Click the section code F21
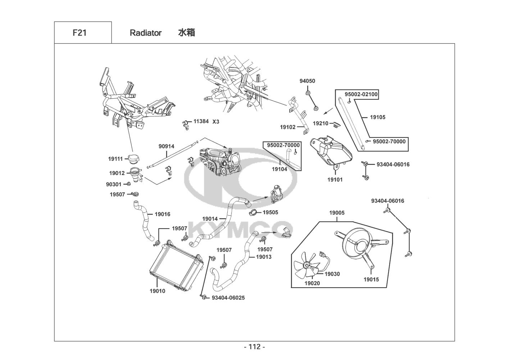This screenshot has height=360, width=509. point(79,33)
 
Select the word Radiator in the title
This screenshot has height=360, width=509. point(146,33)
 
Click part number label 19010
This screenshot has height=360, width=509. point(157,291)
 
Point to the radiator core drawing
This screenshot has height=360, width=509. point(177,265)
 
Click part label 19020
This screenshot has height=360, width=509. point(312,283)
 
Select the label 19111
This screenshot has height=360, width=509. point(115,159)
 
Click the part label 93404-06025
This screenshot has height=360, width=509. point(228,298)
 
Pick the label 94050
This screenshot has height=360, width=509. point(307,81)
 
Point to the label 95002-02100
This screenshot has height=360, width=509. point(361,94)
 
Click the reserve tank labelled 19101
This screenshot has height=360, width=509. point(331,152)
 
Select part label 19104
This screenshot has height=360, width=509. point(280,169)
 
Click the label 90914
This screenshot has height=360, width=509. point(166,147)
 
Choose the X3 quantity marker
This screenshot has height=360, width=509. point(216,122)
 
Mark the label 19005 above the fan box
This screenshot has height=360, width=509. point(337,213)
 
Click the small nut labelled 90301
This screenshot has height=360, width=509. point(128,184)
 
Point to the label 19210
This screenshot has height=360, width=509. point(321,123)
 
